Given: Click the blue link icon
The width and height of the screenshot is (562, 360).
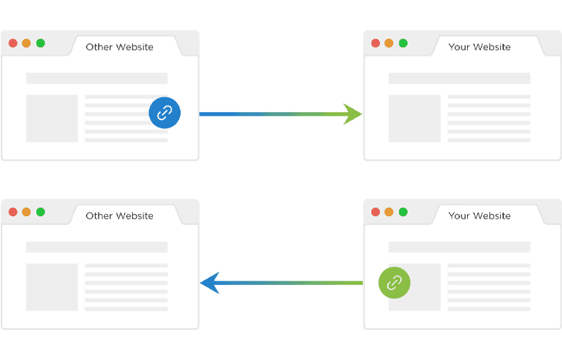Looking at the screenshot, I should pos(164,113).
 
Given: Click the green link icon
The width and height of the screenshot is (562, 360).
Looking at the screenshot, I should pos(394,283).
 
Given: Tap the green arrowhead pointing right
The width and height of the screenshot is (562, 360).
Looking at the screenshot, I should pos(354,114).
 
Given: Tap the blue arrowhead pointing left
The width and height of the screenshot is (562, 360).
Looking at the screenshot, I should pos(210,283).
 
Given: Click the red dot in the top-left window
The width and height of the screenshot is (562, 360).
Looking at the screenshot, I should pos(12,43).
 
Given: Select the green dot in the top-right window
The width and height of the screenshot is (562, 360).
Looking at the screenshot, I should pos(403,43).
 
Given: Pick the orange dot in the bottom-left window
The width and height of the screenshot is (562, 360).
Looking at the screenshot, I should pos(26,212).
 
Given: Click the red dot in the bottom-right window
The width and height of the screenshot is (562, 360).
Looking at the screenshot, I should pos(375,212).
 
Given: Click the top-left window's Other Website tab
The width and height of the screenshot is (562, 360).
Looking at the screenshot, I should pos(120,47).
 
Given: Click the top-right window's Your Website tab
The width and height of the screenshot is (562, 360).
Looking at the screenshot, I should pos(479,47).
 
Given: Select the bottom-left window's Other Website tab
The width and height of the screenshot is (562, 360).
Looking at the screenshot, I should pos(120,216).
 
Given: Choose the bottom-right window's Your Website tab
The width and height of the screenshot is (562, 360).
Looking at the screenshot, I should pos(479,216).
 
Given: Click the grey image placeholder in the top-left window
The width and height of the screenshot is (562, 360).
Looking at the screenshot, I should pos(52,118).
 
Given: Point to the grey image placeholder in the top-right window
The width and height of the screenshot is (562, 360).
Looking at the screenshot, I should pos(415,118).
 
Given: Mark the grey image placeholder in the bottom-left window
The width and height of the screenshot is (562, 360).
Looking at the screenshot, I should pos(52,287).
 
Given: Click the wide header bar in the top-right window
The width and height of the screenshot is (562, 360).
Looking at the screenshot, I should pos(459,78).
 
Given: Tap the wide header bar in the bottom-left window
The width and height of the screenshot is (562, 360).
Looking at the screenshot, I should pos(96,246).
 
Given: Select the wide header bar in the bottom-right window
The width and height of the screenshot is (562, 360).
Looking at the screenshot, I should pos(459,246).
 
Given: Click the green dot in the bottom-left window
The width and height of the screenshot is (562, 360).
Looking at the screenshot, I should pos(40,212).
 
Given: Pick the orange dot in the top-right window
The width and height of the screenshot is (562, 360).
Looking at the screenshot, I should pos(389,43).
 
